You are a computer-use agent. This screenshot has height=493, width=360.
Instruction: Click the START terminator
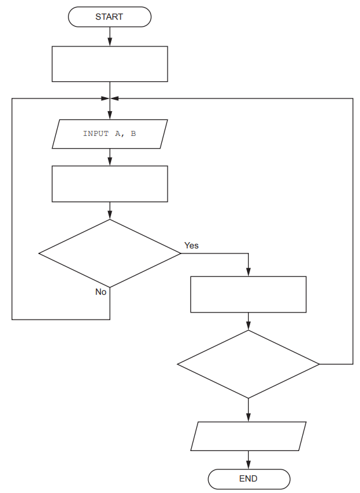[110, 17]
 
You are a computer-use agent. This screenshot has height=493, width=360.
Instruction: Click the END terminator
[248, 479]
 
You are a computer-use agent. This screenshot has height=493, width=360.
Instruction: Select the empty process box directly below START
[110, 64]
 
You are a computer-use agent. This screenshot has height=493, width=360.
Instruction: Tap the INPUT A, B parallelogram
[110, 134]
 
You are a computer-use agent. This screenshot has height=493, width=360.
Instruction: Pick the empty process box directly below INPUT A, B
[110, 184]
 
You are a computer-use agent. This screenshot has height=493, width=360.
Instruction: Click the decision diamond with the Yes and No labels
[110, 253]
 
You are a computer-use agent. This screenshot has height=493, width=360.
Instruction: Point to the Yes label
[191, 245]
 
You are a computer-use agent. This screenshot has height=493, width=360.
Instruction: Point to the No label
[101, 292]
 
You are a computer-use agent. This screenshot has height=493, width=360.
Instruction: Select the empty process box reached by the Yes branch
[248, 294]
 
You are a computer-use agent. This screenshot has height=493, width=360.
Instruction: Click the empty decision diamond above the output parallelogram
[248, 364]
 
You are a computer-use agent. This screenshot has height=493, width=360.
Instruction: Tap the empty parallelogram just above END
[248, 436]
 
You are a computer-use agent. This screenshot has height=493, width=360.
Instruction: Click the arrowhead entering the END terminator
[248, 466]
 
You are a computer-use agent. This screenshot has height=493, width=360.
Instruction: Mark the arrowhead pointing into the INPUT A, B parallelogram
[110, 116]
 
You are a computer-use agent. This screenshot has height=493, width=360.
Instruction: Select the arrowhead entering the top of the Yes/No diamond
[110, 215]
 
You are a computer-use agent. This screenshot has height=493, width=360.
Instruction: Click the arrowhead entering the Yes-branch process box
[248, 272]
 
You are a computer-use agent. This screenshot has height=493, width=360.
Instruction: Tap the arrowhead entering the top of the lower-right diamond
[248, 326]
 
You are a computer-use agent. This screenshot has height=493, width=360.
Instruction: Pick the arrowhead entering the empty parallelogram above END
[248, 417]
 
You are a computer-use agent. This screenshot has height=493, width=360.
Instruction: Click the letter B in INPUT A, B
[133, 134]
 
